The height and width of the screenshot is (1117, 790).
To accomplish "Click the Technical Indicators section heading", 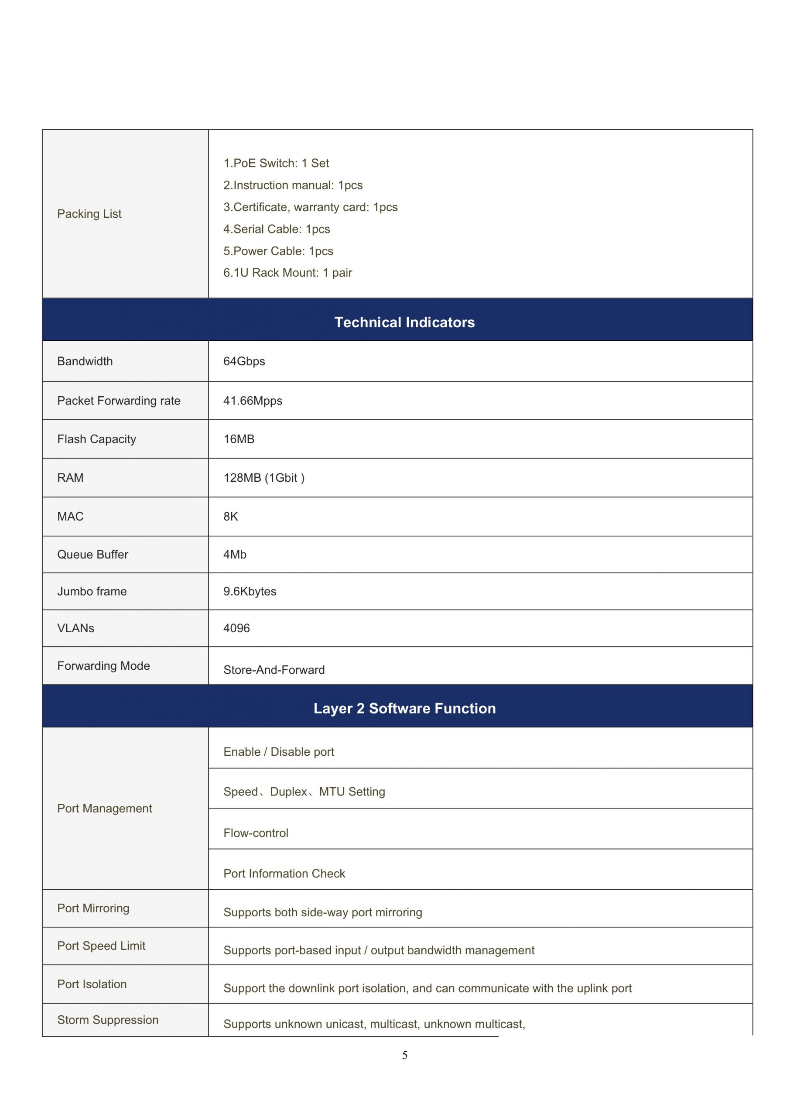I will click(x=404, y=322).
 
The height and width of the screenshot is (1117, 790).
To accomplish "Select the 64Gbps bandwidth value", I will click(x=244, y=361).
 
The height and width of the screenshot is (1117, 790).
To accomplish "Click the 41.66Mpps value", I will click(x=253, y=401).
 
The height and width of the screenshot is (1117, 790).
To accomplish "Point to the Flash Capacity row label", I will click(x=96, y=439).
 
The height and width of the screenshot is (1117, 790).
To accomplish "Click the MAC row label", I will click(x=70, y=517).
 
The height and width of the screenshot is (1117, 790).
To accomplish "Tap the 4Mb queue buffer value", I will click(x=235, y=555).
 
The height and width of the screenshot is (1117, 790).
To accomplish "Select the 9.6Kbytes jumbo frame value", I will click(x=250, y=592).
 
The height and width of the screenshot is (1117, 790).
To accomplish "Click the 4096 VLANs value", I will click(x=236, y=629).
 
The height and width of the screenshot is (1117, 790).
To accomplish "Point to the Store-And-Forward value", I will click(x=274, y=670).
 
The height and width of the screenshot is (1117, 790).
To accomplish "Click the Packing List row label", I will click(x=89, y=214).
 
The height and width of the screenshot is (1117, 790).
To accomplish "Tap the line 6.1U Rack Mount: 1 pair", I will click(x=287, y=273).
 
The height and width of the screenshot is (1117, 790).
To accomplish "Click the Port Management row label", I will click(x=104, y=809).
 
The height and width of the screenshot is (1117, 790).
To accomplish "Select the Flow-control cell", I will click(x=256, y=833).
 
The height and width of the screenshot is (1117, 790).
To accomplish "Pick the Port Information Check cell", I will click(x=284, y=874).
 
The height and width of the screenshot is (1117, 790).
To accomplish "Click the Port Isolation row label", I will click(x=92, y=984).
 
